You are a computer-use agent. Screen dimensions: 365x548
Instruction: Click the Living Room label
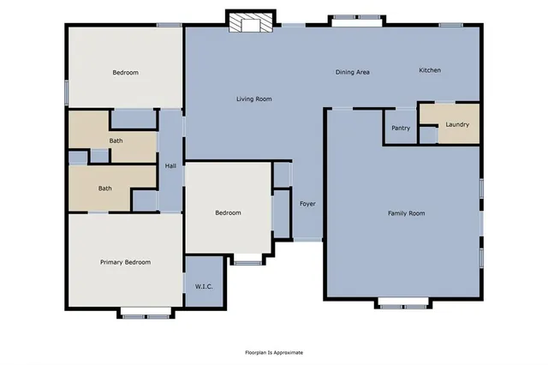point(253,99)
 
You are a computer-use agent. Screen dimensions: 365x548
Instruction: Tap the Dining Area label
point(352,72)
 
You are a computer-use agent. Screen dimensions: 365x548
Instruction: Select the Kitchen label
point(429,70)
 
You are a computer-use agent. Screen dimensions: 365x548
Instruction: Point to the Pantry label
point(401,129)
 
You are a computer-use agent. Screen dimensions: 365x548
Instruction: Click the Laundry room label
point(456,124)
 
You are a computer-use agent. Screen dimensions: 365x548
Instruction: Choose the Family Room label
point(406,212)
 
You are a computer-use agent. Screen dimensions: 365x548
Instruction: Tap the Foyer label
point(307,204)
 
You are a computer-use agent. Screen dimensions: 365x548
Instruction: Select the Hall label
point(170,166)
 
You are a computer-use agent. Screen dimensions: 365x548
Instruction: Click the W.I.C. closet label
point(204,286)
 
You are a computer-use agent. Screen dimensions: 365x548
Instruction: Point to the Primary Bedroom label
point(125,262)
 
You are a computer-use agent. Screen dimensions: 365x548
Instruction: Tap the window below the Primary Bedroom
point(146,314)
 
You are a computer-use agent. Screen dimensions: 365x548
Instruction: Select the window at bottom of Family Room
point(403,305)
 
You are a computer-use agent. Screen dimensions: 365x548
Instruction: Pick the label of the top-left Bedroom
point(125,73)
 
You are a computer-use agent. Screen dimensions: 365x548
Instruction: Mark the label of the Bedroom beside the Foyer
point(228,212)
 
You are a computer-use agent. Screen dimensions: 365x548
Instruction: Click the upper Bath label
point(116,141)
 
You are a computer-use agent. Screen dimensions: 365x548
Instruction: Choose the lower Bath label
point(104,188)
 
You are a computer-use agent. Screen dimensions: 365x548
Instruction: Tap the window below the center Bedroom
point(247,261)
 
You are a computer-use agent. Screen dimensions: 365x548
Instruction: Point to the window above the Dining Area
point(356,18)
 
